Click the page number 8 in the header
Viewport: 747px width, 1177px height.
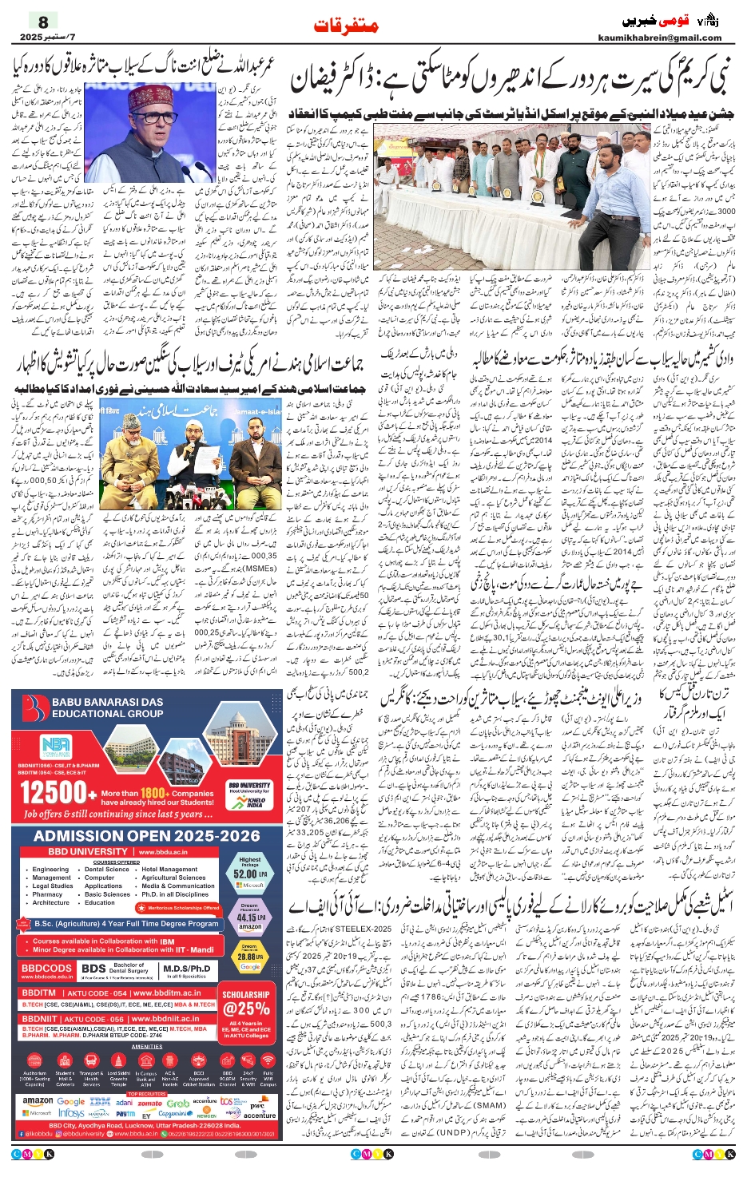[43, 21]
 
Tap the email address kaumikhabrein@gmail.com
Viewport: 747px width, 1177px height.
[659, 38]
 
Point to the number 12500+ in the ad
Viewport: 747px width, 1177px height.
[53, 793]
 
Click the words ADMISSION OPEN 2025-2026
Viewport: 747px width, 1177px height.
[147, 836]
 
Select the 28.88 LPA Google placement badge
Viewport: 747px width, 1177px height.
[250, 956]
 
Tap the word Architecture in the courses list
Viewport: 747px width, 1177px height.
[51, 902]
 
